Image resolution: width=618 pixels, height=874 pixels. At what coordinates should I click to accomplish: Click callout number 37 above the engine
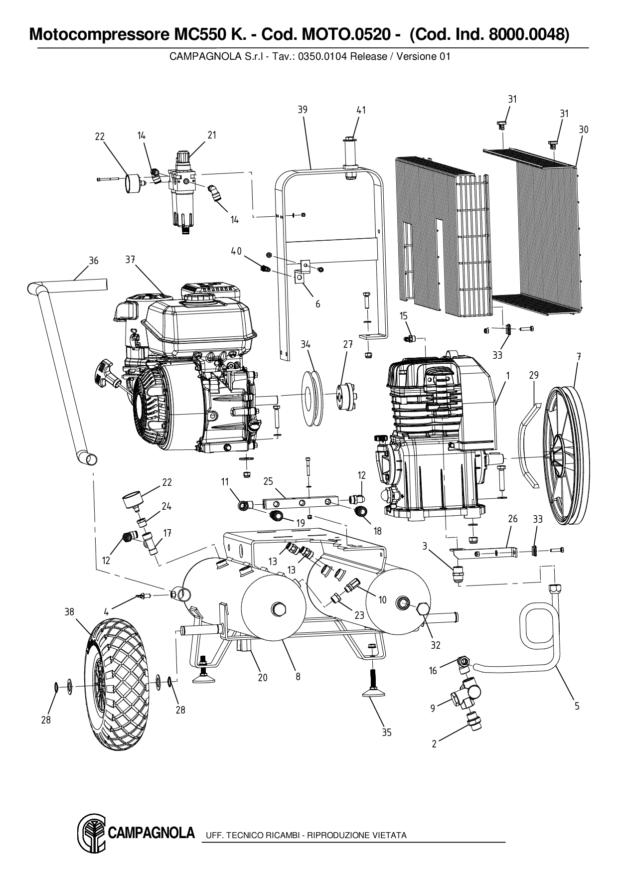[131, 260]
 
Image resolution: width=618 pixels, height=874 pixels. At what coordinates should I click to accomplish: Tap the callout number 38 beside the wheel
[69, 611]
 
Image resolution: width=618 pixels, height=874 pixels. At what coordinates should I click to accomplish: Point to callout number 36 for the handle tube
[94, 261]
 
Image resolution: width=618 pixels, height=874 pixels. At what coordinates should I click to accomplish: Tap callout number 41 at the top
[361, 110]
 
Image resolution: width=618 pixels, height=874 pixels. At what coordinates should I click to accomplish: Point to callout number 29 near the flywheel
[534, 375]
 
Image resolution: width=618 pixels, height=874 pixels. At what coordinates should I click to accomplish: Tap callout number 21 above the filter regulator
[212, 135]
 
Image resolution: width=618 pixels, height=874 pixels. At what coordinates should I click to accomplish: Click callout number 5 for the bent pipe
[577, 706]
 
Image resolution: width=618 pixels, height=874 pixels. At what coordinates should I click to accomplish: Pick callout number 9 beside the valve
[433, 707]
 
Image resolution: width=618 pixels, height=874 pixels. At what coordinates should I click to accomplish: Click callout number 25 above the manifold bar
[268, 481]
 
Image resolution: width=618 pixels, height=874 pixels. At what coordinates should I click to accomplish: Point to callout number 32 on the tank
[436, 645]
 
